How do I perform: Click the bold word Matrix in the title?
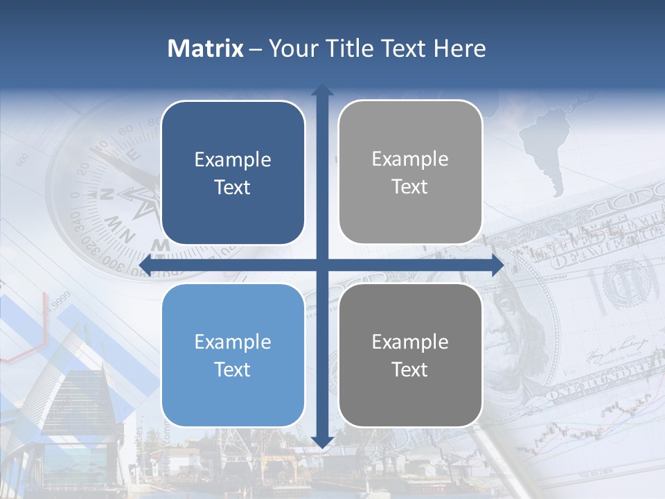point(206,49)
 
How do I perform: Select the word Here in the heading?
point(460,49)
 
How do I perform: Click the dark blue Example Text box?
point(233,173)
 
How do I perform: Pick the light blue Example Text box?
point(233,355)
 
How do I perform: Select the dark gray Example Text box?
point(410,355)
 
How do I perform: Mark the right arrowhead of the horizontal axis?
point(497,265)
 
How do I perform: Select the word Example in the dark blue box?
point(233,159)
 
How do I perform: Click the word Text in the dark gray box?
point(410,369)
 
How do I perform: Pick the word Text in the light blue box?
point(233,369)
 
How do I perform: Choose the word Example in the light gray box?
point(410,159)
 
